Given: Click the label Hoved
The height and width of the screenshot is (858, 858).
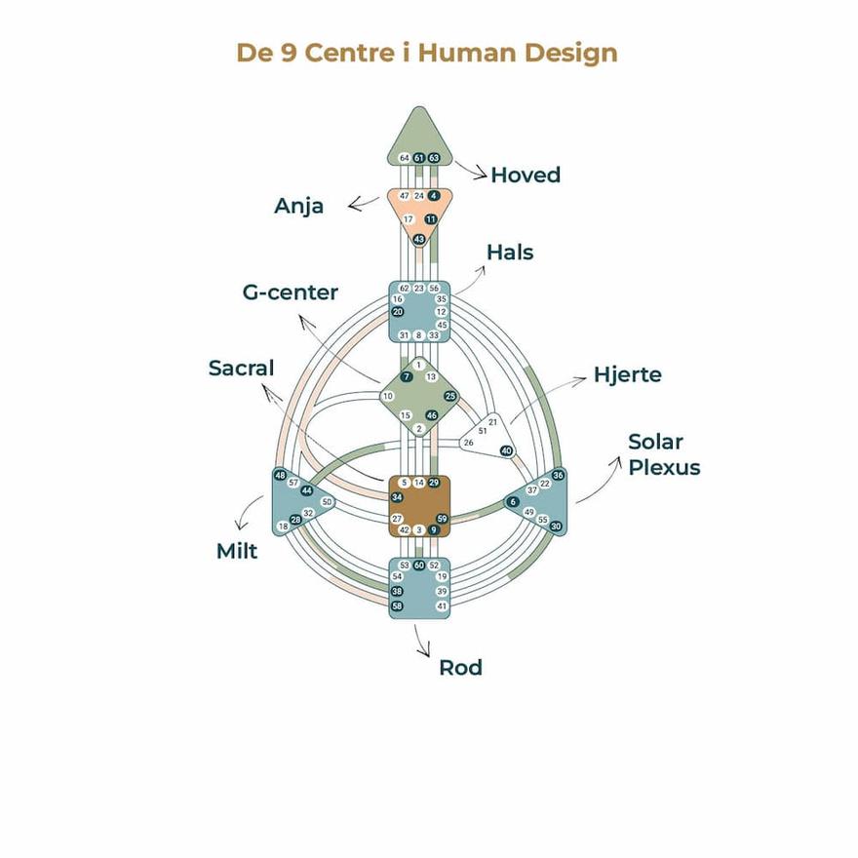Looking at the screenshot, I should [526, 175].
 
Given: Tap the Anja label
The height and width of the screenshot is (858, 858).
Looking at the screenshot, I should [298, 207].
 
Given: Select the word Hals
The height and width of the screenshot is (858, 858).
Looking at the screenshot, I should [510, 253].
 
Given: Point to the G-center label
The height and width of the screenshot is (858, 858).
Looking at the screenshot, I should [291, 292].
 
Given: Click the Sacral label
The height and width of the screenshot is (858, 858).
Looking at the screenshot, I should [241, 369].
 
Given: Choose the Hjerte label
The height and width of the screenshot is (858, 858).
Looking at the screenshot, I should [627, 374].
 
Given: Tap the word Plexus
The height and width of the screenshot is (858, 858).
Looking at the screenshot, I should [664, 467].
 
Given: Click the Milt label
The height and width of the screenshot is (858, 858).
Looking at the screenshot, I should [237, 552].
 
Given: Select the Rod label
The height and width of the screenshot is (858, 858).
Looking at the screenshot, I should [460, 668].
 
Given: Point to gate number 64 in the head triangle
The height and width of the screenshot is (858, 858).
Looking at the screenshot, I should [404, 158].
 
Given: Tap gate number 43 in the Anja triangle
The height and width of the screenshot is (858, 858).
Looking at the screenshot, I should [419, 239].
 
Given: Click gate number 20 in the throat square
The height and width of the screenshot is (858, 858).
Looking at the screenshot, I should [398, 312].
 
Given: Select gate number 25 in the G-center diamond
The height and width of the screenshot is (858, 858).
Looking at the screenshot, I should [449, 396].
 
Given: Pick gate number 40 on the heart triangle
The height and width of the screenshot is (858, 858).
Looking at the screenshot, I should [506, 450].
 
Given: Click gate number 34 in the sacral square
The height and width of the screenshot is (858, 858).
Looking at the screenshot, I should [398, 497].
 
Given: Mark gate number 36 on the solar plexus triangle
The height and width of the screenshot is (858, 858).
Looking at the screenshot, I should [558, 475].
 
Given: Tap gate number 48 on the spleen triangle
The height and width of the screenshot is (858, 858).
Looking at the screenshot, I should [281, 476].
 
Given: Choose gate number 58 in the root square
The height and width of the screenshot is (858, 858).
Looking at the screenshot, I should [398, 606].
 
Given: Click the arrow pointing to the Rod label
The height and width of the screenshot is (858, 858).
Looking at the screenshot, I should [422, 641].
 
